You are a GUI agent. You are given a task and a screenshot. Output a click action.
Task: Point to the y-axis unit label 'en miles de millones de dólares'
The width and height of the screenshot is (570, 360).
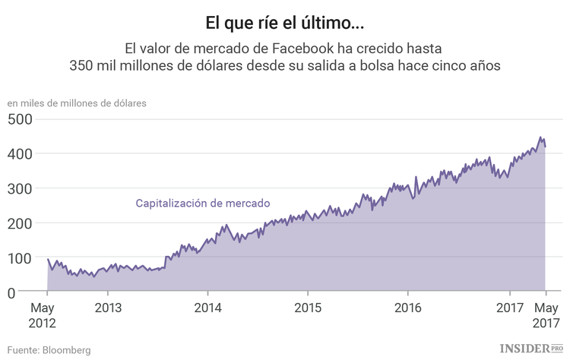click(x=77, y=103)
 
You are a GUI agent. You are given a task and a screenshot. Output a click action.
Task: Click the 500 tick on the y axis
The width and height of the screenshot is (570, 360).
click(x=21, y=119)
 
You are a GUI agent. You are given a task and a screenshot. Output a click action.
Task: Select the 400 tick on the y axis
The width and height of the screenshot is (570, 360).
click(x=21, y=154)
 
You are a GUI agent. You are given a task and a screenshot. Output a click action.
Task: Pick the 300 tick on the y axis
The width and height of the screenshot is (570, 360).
click(x=21, y=188)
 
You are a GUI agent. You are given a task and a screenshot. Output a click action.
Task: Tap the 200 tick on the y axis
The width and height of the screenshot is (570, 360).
click(x=21, y=223)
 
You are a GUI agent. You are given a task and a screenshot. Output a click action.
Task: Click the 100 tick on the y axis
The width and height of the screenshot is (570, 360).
click(x=21, y=258)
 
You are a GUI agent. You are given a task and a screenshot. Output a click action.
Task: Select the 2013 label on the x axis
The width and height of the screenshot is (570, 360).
click(x=107, y=309)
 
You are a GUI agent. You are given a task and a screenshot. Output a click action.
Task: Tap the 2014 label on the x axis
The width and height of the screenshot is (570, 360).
click(x=207, y=309)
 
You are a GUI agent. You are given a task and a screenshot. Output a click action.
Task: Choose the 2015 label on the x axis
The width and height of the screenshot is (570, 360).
click(x=308, y=309)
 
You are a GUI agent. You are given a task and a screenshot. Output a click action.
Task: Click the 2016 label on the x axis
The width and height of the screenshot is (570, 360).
click(x=408, y=309)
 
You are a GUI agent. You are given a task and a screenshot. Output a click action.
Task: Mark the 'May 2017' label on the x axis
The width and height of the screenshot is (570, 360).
click(x=545, y=316)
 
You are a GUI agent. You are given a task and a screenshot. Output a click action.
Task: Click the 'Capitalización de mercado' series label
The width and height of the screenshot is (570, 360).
click(x=202, y=203)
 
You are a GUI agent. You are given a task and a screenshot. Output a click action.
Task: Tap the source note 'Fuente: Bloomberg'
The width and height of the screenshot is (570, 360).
click(x=49, y=350)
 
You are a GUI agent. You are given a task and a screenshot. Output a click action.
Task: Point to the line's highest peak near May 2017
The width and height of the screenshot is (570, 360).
click(x=540, y=137)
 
